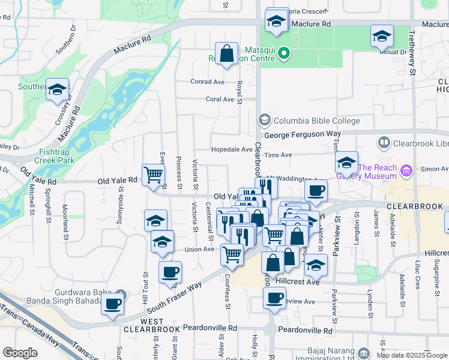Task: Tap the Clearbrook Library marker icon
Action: tap(384, 143)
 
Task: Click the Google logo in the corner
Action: tap(20, 353)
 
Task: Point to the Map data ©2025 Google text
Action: tap(412, 355)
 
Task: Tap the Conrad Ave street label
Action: tap(207, 82)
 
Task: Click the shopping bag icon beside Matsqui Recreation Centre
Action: tap(228, 54)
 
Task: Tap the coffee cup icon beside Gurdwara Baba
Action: tap(112, 304)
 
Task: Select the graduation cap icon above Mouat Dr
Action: tap(382, 37)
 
